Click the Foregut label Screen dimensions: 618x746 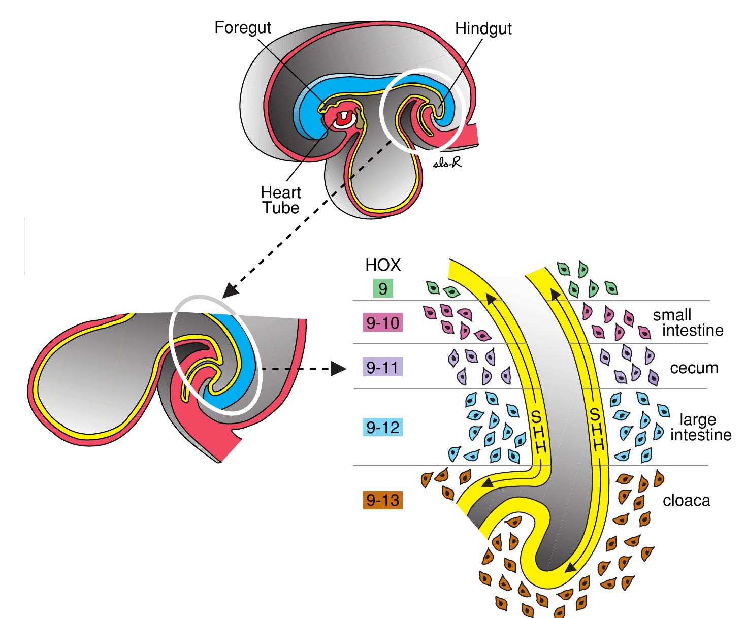click(x=243, y=27)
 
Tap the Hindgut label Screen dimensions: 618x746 click(x=483, y=29)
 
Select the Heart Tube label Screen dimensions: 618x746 click(x=281, y=200)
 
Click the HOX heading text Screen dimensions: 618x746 click(x=382, y=265)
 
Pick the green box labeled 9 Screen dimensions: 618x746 click(x=383, y=289)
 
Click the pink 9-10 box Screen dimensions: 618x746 click(x=383, y=323)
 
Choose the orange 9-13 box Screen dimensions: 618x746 click(x=383, y=501)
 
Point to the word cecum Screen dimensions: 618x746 click(x=694, y=368)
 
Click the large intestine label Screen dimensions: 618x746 click(x=700, y=427)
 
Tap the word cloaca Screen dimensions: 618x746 click(x=687, y=501)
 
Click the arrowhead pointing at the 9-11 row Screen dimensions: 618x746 click(x=337, y=369)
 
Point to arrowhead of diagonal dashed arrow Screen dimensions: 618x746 click(x=231, y=290)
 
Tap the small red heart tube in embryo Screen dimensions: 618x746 click(x=345, y=117)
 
